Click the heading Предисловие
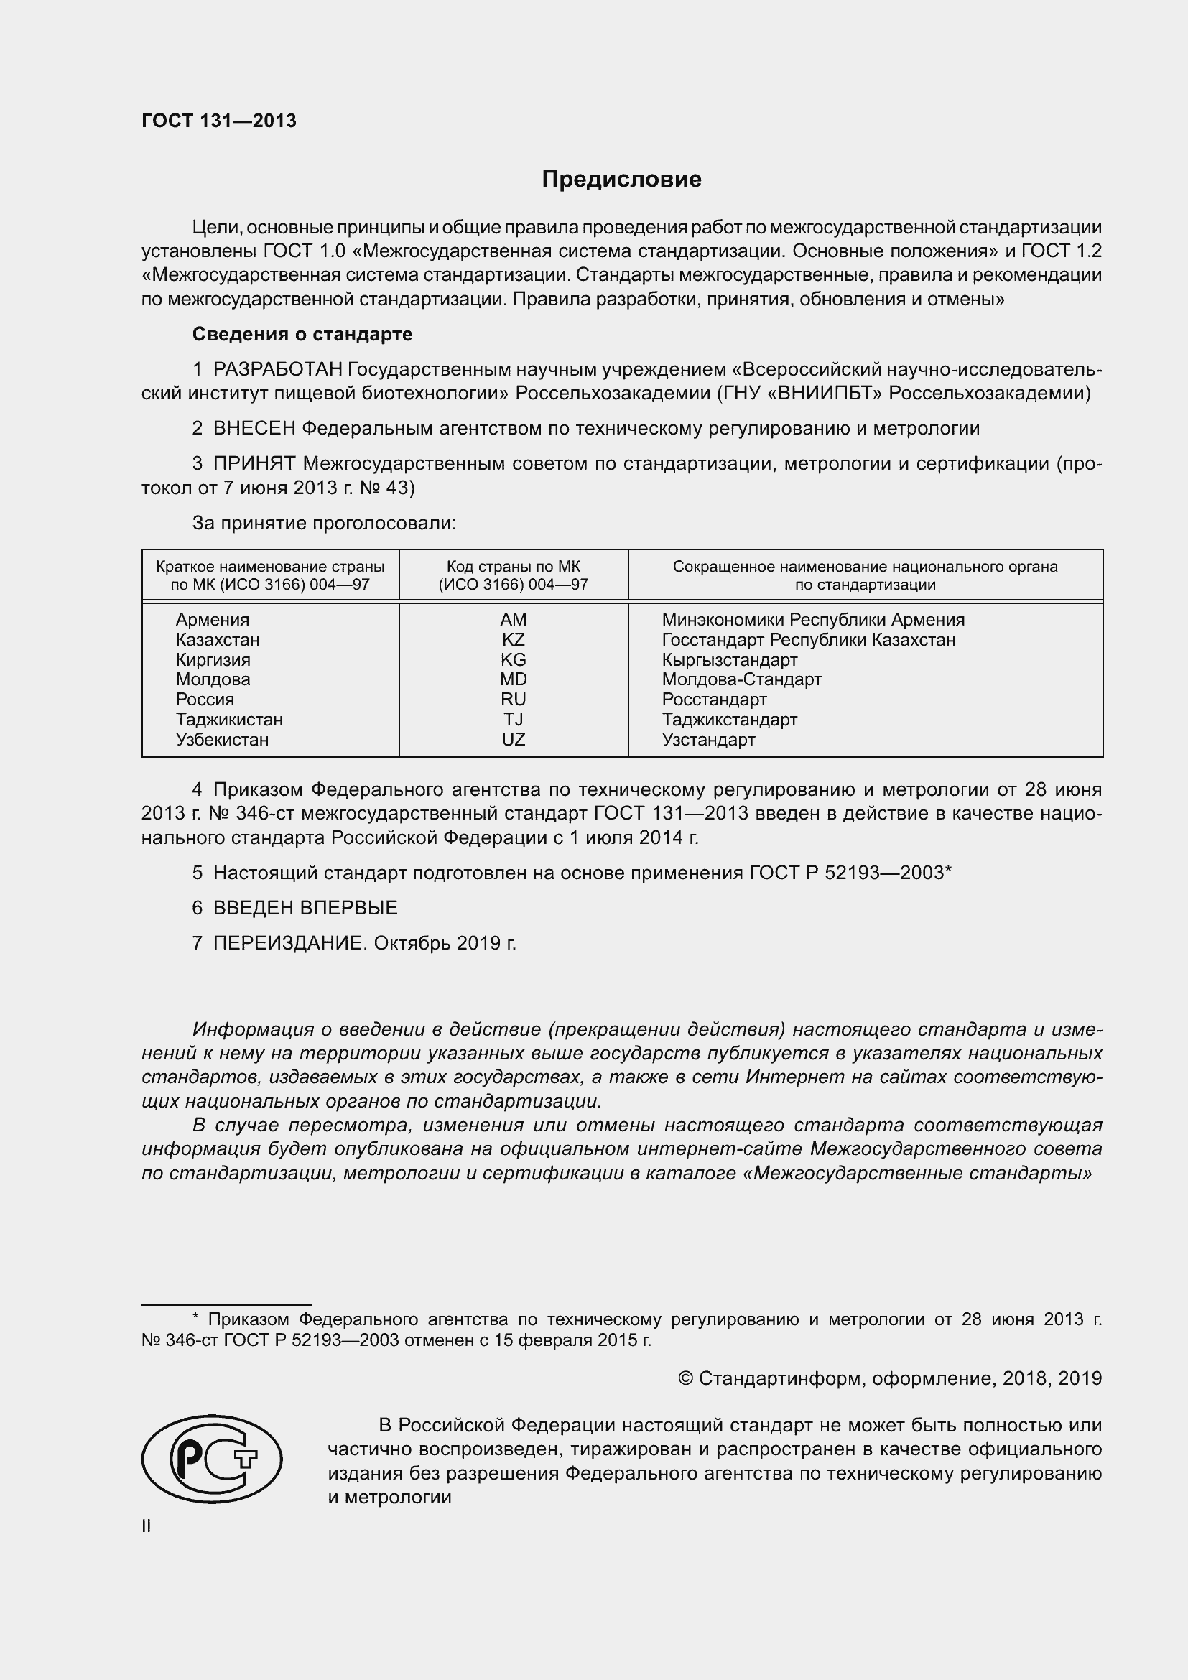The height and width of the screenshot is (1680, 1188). [621, 180]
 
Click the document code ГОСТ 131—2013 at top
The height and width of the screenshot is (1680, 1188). [219, 121]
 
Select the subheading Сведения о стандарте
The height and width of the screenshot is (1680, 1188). [302, 335]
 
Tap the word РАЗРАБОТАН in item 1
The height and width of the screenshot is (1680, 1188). [278, 370]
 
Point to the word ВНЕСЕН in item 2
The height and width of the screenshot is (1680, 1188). [254, 429]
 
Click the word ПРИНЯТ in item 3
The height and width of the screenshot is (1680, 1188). [254, 464]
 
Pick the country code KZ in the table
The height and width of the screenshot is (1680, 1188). [513, 639]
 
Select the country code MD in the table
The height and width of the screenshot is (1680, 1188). [513, 679]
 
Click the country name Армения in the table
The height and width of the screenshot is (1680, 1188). [212, 620]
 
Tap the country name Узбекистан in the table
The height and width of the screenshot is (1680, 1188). [222, 740]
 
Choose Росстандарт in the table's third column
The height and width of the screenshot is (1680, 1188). [714, 700]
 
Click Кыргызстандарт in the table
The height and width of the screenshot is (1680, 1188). [729, 660]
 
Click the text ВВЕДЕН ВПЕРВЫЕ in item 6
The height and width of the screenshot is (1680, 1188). [305, 908]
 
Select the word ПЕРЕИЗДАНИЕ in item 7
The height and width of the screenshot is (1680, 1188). [289, 943]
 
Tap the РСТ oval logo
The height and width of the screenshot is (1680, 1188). [211, 1458]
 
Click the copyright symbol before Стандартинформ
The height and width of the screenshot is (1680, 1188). [685, 1378]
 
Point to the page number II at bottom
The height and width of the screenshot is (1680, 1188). [147, 1526]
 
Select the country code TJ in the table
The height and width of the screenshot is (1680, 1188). [513, 719]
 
